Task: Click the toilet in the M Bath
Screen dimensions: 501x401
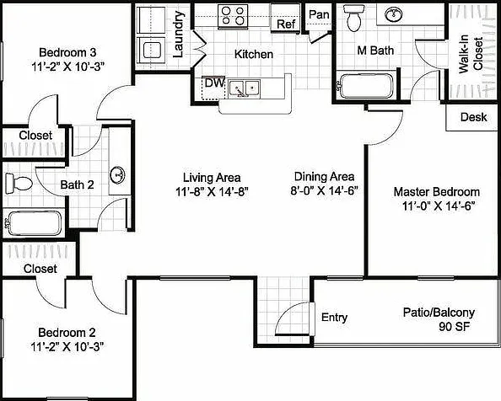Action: pyautogui.click(x=353, y=18)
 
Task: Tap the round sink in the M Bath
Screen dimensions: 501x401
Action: pyautogui.click(x=393, y=14)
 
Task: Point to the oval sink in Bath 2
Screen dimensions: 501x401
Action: pyautogui.click(x=117, y=175)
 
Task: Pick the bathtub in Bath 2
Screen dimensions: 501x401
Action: pyautogui.click(x=34, y=223)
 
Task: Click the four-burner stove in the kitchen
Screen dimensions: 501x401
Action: pyautogui.click(x=233, y=16)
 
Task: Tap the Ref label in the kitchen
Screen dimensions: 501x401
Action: pyautogui.click(x=286, y=24)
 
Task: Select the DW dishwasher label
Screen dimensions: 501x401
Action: pyautogui.click(x=215, y=83)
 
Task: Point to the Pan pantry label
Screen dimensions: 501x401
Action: pyautogui.click(x=319, y=14)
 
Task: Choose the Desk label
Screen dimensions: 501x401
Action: pyautogui.click(x=473, y=117)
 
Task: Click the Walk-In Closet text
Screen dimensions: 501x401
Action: pyautogui.click(x=471, y=54)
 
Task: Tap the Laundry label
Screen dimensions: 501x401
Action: pyautogui.click(x=178, y=35)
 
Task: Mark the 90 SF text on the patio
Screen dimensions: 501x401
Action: pyautogui.click(x=455, y=327)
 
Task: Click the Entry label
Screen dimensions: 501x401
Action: pyautogui.click(x=334, y=318)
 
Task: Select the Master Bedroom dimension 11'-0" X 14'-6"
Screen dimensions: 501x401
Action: pyautogui.click(x=438, y=206)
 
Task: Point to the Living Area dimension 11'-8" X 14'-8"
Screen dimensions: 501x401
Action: pyautogui.click(x=212, y=192)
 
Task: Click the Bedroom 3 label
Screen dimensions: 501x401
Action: pyautogui.click(x=67, y=52)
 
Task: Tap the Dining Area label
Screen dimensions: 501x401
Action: pyautogui.click(x=324, y=176)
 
